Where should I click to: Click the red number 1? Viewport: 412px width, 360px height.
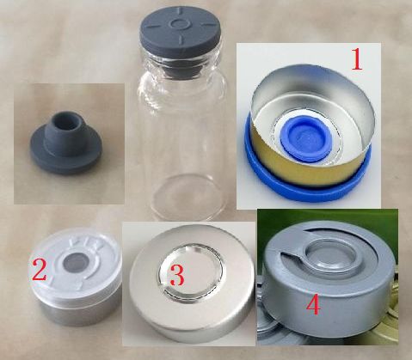click(357, 59)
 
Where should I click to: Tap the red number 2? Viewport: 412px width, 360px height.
click(40, 269)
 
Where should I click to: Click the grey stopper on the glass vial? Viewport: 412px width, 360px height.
click(181, 33)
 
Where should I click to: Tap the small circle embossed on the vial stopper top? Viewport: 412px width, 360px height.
click(180, 24)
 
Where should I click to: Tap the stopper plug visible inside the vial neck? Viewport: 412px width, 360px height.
click(180, 70)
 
